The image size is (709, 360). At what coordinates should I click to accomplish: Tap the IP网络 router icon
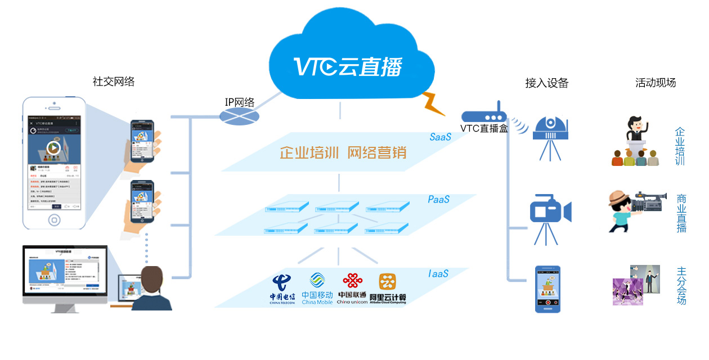[x=239, y=116]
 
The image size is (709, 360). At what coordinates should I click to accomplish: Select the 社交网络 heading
[x=114, y=82]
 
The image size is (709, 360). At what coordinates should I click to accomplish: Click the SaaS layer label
[x=440, y=137]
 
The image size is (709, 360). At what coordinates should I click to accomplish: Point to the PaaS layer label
[x=439, y=199]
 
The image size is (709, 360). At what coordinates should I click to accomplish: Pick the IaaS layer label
[x=438, y=273]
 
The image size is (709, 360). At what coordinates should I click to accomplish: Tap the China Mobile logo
[x=317, y=288]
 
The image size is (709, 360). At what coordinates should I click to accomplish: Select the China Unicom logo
[x=352, y=288]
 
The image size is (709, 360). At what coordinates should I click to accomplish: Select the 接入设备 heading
[x=547, y=83]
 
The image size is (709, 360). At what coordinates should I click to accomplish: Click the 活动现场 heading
[x=656, y=83]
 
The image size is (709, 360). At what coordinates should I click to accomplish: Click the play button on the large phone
[x=53, y=148]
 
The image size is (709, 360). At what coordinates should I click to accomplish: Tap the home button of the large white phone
[x=55, y=219]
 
